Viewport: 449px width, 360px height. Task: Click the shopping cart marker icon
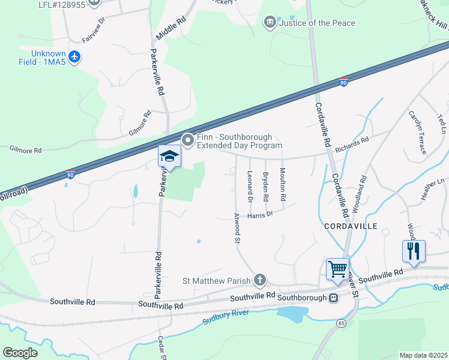click(337, 268)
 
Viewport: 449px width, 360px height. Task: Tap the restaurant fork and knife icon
click(414, 250)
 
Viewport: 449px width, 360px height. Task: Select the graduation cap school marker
click(169, 157)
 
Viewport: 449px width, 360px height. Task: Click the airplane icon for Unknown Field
click(74, 58)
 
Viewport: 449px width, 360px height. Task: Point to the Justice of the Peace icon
click(270, 23)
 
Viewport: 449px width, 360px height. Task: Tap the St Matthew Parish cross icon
click(259, 280)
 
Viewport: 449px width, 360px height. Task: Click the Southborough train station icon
click(332, 298)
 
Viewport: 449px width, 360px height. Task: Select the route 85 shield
click(341, 323)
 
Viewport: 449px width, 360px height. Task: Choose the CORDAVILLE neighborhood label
click(350, 226)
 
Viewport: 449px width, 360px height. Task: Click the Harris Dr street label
click(260, 214)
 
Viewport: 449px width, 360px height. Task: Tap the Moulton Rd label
click(282, 184)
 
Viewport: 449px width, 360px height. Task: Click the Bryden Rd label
click(265, 187)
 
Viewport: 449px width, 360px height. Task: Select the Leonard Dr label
click(249, 186)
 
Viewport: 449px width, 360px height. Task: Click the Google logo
click(20, 353)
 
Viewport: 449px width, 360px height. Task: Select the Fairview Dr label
click(94, 30)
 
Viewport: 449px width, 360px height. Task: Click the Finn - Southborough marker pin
click(188, 140)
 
